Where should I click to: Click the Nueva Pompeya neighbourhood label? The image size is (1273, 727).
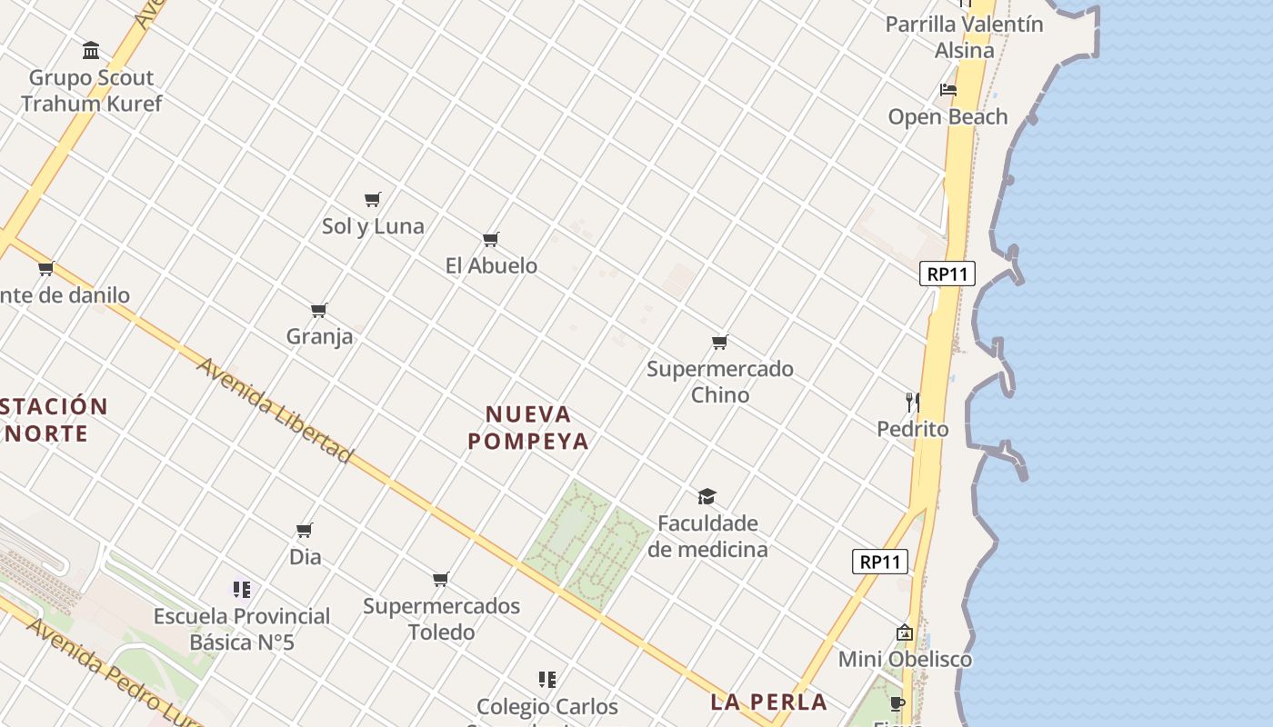(x=528, y=428)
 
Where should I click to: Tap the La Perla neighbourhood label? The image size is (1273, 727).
(x=768, y=702)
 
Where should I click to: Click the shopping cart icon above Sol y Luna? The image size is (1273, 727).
(x=372, y=199)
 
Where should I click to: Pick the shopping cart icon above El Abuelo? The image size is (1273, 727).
(x=491, y=239)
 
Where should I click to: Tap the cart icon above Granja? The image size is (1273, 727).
(x=319, y=311)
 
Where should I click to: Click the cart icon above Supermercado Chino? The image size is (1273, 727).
(x=720, y=343)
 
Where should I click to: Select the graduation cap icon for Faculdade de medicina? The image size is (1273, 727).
(x=707, y=496)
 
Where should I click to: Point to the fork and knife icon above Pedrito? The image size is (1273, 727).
(x=912, y=402)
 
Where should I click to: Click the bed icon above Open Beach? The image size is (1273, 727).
(x=948, y=90)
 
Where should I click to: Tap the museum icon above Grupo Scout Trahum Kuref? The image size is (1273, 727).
(x=91, y=50)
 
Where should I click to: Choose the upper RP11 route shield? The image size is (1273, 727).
(x=947, y=274)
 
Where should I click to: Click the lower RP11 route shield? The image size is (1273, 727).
(x=880, y=562)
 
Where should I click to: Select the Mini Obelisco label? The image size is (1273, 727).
(x=905, y=659)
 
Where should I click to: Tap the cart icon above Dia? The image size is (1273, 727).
(x=305, y=530)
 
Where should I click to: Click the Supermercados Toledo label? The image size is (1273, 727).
(x=441, y=619)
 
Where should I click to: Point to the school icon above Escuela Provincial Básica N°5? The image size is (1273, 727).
(x=241, y=590)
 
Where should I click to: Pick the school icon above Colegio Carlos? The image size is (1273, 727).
(x=546, y=679)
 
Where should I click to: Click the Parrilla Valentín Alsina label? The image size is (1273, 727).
(x=964, y=37)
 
